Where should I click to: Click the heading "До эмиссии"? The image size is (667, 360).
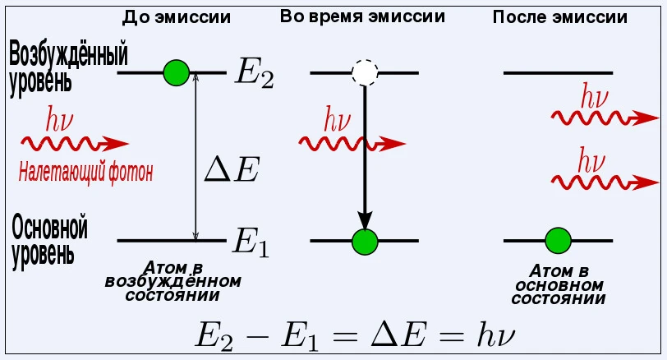[176, 17]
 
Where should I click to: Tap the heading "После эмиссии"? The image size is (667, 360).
[558, 17]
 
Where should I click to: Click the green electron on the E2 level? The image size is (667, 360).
[176, 73]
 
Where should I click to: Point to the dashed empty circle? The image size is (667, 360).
[364, 73]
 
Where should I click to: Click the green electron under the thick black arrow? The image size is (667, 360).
[364, 241]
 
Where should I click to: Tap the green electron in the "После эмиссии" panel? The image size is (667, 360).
[558, 241]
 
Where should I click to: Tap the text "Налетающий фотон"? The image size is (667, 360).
[85, 173]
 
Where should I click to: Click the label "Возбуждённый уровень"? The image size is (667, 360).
[66, 68]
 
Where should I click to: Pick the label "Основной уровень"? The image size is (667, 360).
[49, 240]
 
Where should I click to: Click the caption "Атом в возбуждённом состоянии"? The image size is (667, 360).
[172, 282]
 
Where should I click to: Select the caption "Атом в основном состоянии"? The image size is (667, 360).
[559, 284]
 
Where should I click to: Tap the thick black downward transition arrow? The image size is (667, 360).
[364, 156]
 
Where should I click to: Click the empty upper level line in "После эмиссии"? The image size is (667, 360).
[558, 73]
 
